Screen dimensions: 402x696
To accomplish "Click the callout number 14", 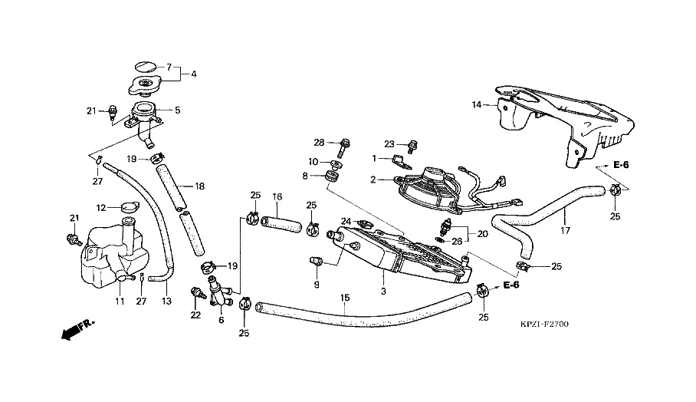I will (476, 104).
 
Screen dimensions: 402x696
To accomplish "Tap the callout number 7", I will (169, 68).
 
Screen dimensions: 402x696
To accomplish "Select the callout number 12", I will (101, 207).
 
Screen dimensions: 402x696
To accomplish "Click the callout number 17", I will (566, 230).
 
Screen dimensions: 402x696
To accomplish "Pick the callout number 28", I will (320, 143).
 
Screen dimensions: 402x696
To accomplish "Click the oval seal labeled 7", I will (145, 66).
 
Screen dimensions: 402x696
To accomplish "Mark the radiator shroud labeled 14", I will (567, 123).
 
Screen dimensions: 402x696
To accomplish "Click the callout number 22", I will (195, 315).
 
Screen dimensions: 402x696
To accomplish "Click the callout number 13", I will (166, 301).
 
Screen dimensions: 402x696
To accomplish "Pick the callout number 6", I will (221, 320).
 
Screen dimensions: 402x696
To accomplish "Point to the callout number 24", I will (346, 222).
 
